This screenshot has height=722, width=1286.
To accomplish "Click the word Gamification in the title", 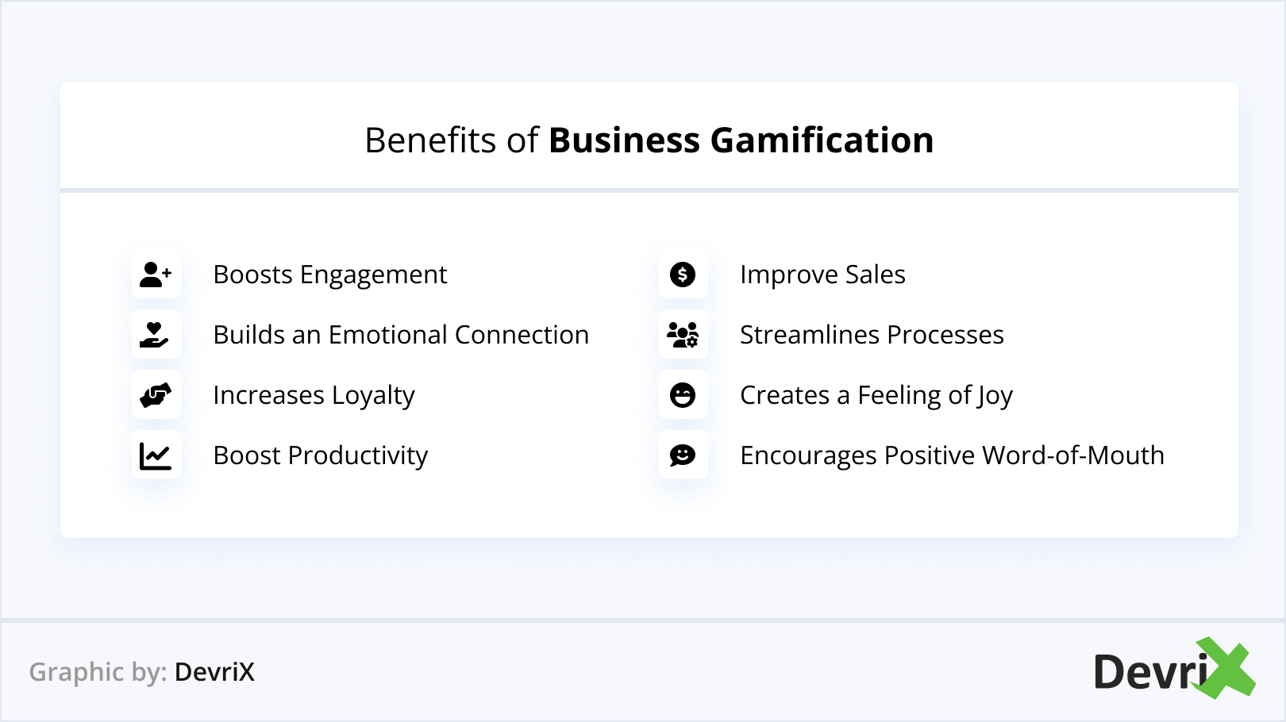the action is pos(822,140).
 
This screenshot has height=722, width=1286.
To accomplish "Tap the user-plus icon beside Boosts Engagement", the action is pos(156,275).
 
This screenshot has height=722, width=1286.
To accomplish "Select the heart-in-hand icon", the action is pos(154,335).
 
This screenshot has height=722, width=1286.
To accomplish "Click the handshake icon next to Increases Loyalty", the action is pos(156,395).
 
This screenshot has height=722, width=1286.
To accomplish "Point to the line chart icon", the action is pos(156,456).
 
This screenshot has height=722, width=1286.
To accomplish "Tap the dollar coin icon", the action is pos(683,275).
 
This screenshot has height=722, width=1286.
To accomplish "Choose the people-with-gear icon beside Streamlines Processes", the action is pos(683,335).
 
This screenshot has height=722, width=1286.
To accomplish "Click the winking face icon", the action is pos(683,395).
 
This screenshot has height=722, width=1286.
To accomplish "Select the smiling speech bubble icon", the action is pos(683,455).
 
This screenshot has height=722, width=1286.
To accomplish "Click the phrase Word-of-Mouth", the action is pos(1073,455).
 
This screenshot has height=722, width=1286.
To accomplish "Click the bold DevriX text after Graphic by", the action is pos(214,672).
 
